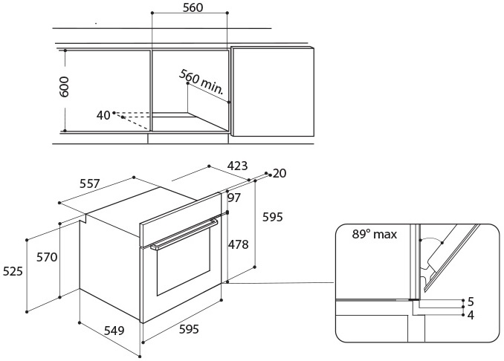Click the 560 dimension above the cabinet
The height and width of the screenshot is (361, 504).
[193, 8]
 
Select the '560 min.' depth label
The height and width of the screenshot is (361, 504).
[201, 82]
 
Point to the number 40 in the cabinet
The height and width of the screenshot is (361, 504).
[103, 115]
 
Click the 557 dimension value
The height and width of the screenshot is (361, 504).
[90, 183]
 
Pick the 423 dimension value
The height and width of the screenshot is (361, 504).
[236, 166]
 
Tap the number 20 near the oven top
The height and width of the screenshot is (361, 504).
[280, 173]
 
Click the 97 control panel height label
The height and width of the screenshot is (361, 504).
[235, 198]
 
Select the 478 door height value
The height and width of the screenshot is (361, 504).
[238, 244]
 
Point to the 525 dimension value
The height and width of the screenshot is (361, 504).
[13, 272]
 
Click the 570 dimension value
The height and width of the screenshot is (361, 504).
[47, 257]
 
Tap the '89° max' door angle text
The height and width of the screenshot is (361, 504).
[375, 235]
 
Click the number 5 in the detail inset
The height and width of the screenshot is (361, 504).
[470, 302]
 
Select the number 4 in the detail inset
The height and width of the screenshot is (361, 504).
[470, 314]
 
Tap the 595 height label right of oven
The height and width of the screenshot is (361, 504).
[273, 217]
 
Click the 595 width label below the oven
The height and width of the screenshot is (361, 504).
[190, 329]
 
